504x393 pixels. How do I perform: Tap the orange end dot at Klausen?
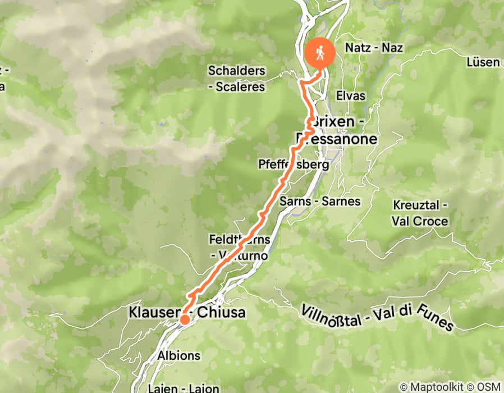184,319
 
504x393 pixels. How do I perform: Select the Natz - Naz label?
374,48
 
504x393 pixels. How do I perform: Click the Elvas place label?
351,95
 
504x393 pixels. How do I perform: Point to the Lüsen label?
483,62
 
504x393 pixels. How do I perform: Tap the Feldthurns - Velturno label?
240,247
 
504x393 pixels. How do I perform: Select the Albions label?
178,355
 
